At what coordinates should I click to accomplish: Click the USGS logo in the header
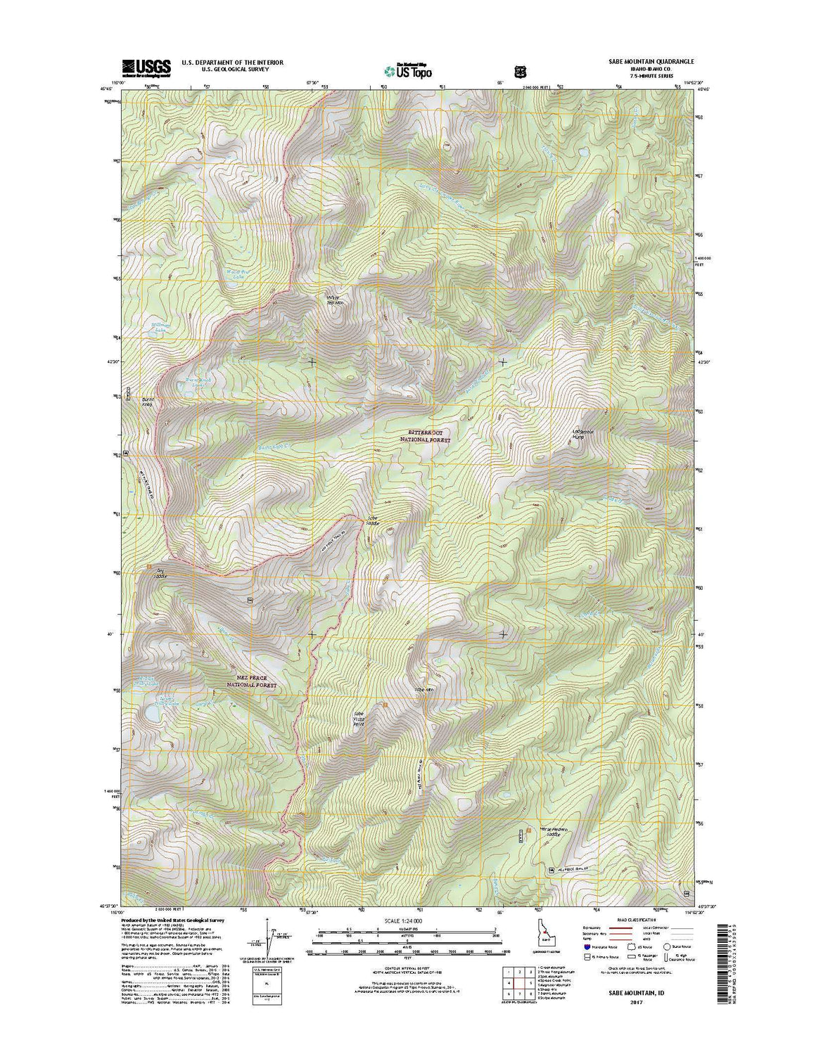click(x=146, y=68)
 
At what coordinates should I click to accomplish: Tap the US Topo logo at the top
click(x=408, y=70)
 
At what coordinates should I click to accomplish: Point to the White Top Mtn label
click(x=333, y=299)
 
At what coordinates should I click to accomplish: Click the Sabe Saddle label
click(x=372, y=522)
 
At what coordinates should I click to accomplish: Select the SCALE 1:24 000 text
click(x=403, y=920)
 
